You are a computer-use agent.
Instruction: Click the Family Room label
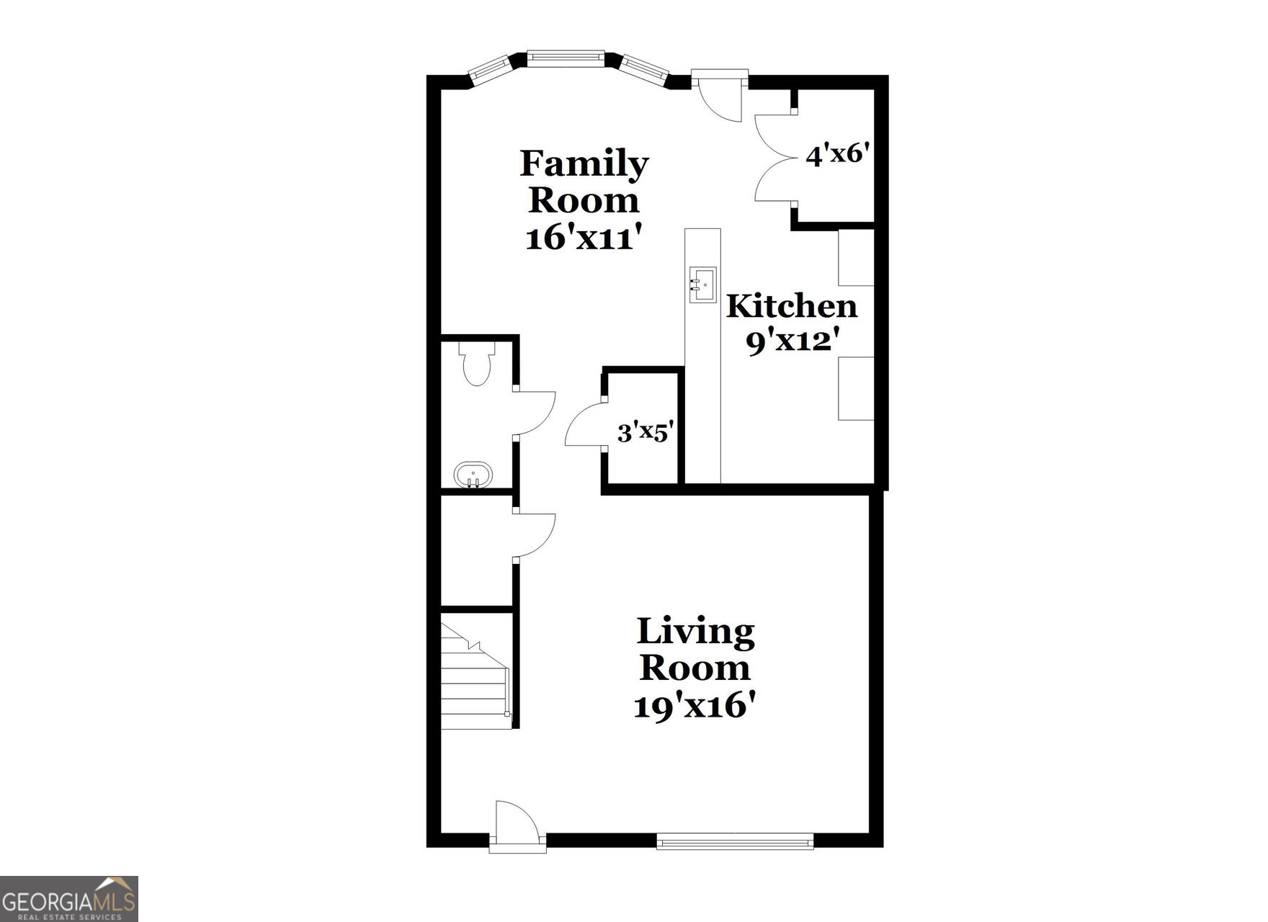point(584,182)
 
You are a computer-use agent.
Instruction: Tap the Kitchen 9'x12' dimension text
point(792,341)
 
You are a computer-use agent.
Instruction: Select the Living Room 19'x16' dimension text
point(696,705)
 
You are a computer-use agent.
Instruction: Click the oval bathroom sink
point(473,475)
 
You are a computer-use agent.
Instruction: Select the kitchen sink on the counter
point(703,285)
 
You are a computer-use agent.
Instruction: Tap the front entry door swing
point(517,823)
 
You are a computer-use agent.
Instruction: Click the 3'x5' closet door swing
point(585,426)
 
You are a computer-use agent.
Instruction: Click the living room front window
point(735,841)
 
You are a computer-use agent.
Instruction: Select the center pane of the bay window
point(566,58)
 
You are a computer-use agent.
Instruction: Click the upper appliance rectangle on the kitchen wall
point(856,257)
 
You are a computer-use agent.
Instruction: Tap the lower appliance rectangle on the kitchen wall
point(856,388)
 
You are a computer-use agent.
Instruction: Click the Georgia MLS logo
point(68,898)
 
